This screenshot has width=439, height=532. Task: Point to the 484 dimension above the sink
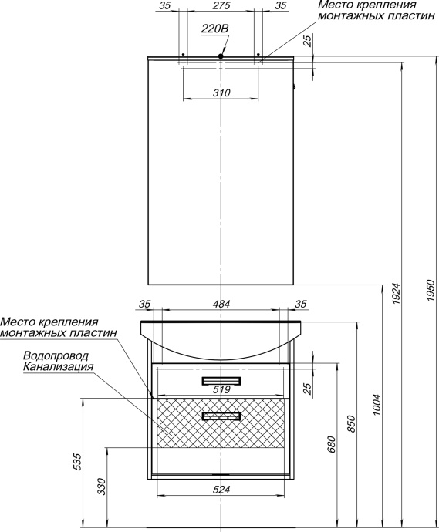[x=221, y=305]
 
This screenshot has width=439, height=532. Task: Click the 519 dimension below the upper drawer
[x=221, y=390]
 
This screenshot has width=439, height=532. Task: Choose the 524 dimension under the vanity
[x=221, y=488]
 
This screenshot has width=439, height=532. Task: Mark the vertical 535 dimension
[x=76, y=461]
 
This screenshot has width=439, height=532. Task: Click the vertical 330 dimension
[x=101, y=486]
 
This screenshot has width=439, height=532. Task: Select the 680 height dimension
[x=332, y=445]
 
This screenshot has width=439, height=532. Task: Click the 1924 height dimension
[x=396, y=292]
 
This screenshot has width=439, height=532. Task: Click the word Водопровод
[x=56, y=356]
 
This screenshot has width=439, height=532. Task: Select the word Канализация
[x=59, y=367]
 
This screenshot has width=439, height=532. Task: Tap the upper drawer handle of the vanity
[x=221, y=380]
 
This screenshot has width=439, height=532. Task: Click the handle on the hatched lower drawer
[x=221, y=416]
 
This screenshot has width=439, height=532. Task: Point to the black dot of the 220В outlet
[x=221, y=56]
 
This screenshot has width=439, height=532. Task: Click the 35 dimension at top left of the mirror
[x=164, y=5]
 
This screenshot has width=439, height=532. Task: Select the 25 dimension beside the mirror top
[x=308, y=42]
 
